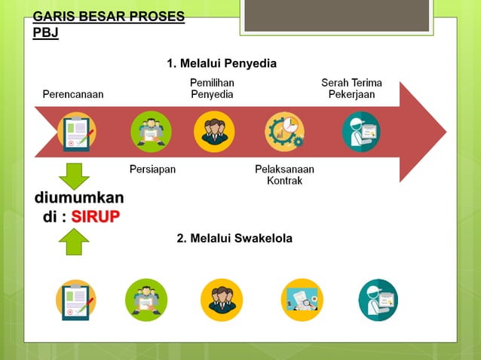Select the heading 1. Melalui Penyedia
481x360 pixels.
pos(222,64)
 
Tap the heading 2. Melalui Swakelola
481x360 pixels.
pos(234,238)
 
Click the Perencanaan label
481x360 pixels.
pos(73,94)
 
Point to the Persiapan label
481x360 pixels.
pos(152,169)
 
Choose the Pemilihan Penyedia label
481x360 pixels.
pos(212,88)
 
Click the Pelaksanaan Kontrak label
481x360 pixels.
pos(284,175)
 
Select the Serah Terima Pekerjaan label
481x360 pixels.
pos(351,88)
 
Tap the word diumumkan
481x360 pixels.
pos(79,198)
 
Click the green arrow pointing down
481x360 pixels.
pos(74,175)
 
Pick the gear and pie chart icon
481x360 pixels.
pos(284,132)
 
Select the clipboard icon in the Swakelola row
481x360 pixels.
pos(76,300)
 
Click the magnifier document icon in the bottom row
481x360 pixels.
pos(301,300)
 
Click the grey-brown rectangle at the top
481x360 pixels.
pos(336,17)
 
